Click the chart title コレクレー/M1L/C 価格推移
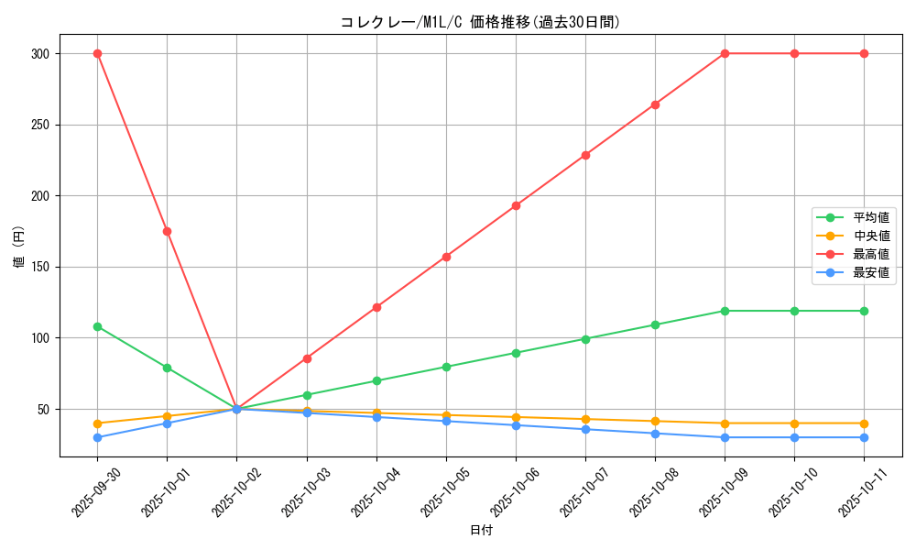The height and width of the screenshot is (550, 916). pos(480,22)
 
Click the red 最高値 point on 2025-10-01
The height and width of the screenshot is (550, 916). pos(167,231)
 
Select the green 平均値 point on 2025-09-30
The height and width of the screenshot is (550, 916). pos(97,326)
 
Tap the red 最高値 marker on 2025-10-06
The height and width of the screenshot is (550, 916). pos(516,205)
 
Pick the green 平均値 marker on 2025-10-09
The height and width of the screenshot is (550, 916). pos(725,311)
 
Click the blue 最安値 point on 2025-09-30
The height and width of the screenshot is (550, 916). pos(97,437)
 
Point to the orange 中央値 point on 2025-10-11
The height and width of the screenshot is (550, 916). pos(864,423)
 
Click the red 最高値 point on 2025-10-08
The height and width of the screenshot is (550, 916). pos(655,104)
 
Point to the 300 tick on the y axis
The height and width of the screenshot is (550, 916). pos(39,54)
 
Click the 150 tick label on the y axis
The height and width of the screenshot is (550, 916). pos(39,267)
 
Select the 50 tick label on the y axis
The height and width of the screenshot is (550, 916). pos(43,409)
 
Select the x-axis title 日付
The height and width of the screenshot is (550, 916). pos(480,531)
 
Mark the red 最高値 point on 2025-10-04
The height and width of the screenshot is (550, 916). pos(376,307)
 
